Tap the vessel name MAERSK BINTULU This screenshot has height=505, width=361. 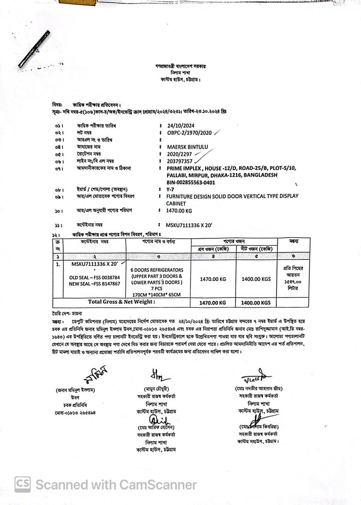187,147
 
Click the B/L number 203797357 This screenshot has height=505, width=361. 180,161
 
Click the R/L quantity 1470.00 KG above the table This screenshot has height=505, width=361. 179,211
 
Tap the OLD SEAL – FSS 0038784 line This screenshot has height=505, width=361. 94,277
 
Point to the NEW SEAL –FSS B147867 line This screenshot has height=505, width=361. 94,284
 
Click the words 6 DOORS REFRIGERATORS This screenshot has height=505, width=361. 157,270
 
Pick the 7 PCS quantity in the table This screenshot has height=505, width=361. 157,288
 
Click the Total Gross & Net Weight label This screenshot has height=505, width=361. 122,302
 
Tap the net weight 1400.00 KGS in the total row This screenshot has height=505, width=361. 256,303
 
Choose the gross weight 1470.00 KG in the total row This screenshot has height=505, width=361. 213,303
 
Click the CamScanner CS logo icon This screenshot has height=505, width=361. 22,484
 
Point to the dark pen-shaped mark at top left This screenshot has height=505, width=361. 34,49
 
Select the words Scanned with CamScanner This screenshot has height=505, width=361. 116,484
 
